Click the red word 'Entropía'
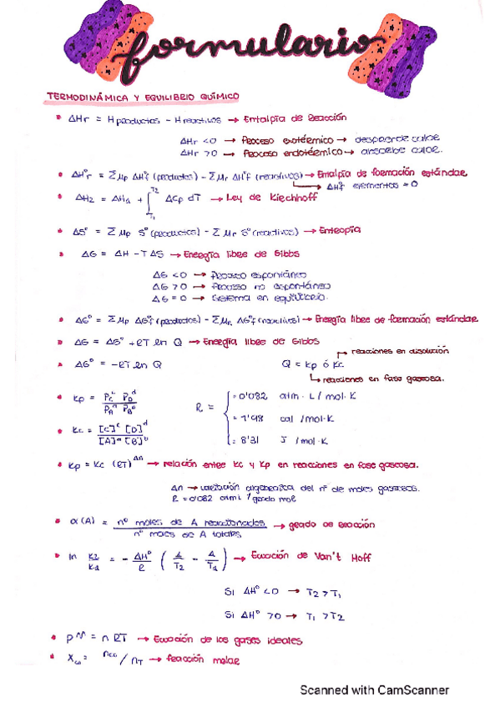tap(341, 230)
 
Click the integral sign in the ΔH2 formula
tap(149, 201)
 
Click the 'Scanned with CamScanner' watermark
tap(375, 689)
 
